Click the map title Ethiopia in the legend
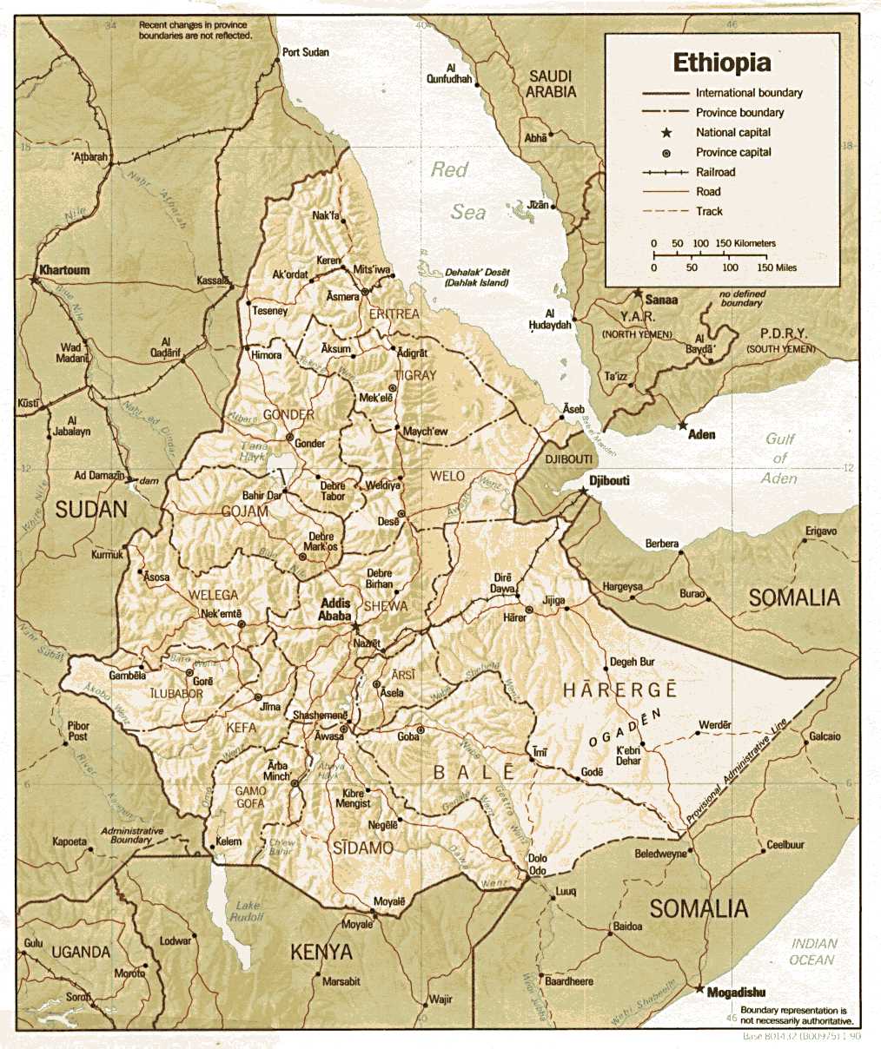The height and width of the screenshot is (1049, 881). [721, 63]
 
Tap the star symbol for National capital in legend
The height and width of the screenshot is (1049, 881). [666, 133]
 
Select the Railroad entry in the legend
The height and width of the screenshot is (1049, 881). [715, 172]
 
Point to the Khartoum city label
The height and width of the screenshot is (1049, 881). [64, 270]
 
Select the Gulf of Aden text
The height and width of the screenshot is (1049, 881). [779, 459]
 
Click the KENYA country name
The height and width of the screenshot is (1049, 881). [321, 953]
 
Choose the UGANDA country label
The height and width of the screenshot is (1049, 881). [80, 952]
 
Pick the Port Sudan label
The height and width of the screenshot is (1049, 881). [306, 52]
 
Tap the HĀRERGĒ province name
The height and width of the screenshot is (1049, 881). [619, 690]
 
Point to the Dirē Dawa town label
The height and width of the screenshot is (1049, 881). [503, 583]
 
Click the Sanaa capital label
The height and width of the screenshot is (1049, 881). [661, 300]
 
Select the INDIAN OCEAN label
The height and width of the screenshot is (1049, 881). [813, 952]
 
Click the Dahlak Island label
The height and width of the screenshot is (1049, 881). [477, 277]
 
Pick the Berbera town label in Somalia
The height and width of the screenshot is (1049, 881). [661, 544]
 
